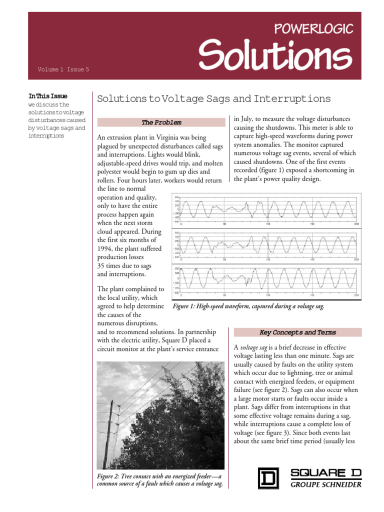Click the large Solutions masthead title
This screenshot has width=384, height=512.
274,54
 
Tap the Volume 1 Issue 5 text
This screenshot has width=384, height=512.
63,69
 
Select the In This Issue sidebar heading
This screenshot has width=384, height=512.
48,96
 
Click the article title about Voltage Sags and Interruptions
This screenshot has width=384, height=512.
213,98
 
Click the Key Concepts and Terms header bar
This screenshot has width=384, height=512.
297,332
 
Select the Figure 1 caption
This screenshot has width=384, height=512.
248,306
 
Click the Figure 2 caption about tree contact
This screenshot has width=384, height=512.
159,480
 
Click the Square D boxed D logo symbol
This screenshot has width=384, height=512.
268,477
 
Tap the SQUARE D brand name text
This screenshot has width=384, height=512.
325,472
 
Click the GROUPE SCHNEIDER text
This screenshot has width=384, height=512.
326,484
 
